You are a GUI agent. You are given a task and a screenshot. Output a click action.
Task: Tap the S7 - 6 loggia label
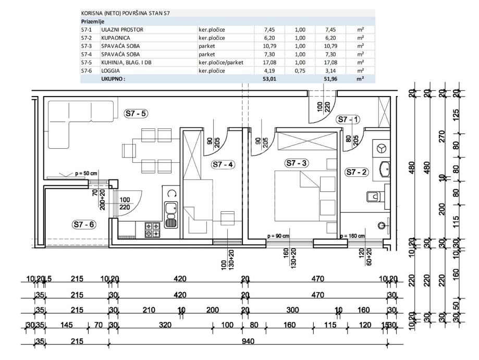click(84, 224)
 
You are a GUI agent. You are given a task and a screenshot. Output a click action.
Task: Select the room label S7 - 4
click(223, 165)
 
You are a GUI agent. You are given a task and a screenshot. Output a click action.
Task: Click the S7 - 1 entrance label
click(348, 119)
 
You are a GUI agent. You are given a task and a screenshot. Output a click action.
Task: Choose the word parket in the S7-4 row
click(207, 54)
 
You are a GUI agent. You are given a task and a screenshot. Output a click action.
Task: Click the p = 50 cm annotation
click(87, 172)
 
